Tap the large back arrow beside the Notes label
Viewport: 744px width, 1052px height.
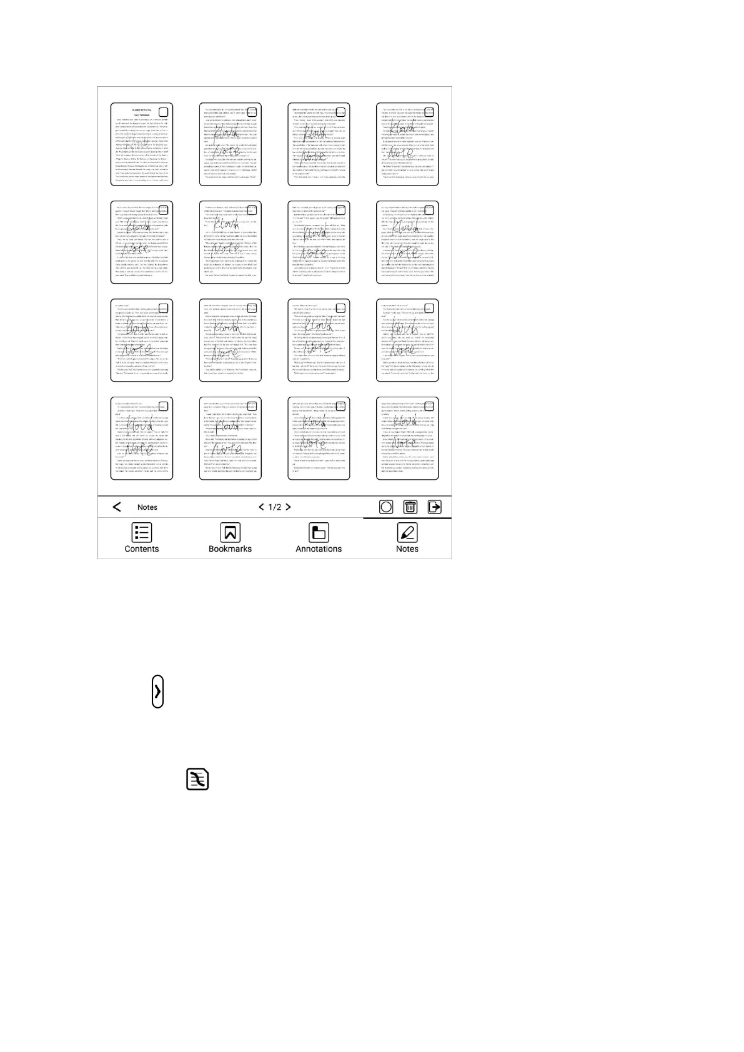click(117, 507)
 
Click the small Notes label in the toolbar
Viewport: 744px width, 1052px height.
click(147, 507)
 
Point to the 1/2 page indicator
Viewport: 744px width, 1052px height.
click(275, 507)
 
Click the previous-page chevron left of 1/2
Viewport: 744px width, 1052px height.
click(261, 507)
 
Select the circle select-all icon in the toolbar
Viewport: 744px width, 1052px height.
click(386, 507)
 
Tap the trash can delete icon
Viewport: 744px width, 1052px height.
click(410, 507)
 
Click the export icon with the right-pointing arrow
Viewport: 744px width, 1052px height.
click(434, 507)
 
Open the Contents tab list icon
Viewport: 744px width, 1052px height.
click(142, 532)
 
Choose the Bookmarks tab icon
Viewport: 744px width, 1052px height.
click(230, 532)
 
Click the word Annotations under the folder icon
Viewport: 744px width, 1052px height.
click(319, 549)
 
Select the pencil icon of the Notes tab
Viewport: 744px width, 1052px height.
click(407, 532)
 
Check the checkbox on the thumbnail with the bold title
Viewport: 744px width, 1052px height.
click(164, 112)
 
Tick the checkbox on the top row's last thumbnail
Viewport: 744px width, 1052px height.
click(429, 112)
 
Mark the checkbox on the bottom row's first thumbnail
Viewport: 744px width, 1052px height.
click(164, 406)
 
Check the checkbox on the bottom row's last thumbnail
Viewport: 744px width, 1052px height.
click(429, 406)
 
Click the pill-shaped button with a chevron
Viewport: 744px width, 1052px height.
click(158, 691)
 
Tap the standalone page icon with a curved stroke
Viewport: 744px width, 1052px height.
click(197, 780)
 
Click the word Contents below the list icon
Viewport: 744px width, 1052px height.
click(142, 549)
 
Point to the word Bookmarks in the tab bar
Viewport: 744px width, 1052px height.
click(230, 549)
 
